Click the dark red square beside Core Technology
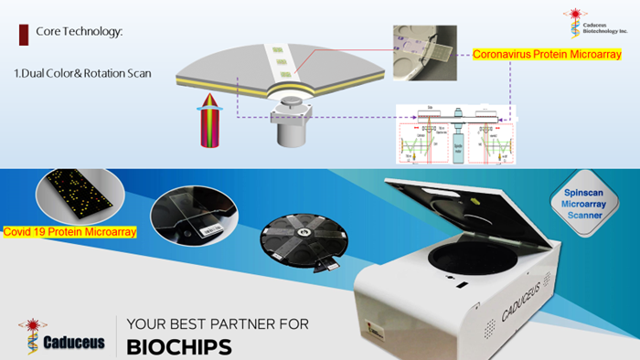pyautogui.click(x=23, y=34)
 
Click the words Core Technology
pyautogui.click(x=79, y=33)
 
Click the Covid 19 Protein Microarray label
pyautogui.click(x=70, y=232)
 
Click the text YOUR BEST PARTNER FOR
pyautogui.click(x=217, y=323)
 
